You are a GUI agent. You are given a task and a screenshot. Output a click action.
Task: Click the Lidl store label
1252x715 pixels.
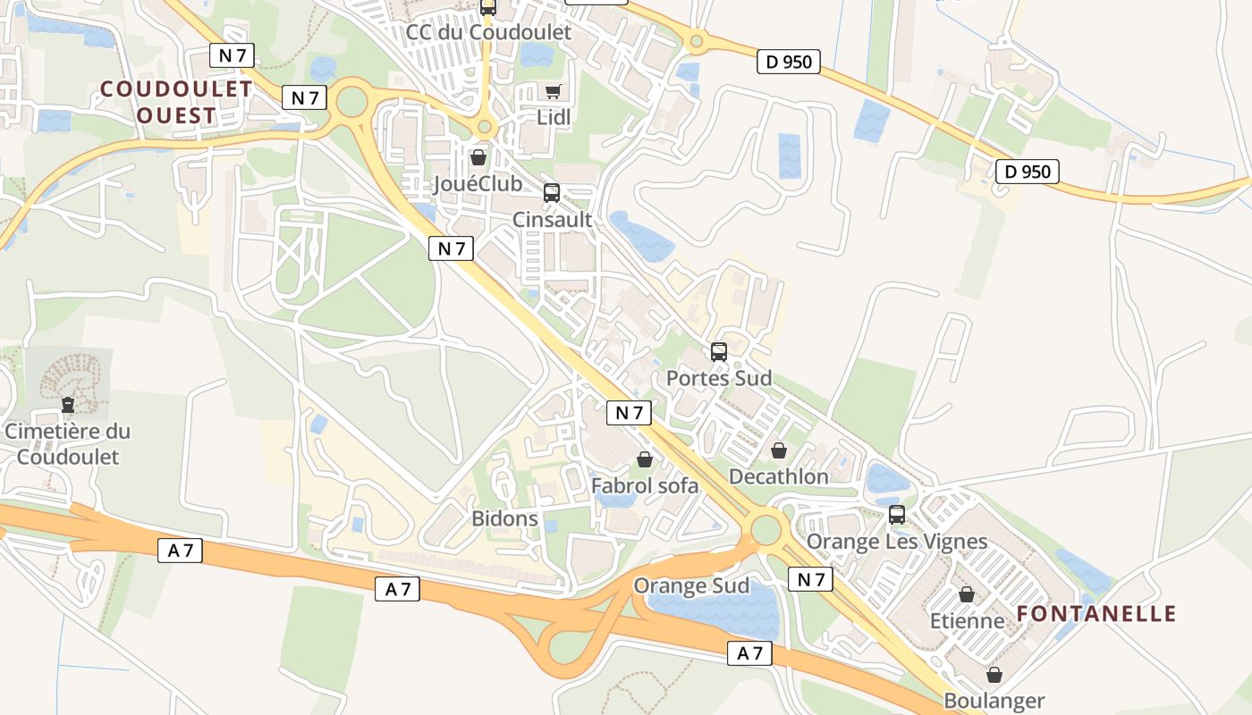[553, 117]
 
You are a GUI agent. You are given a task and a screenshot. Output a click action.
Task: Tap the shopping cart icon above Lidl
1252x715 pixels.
[553, 91]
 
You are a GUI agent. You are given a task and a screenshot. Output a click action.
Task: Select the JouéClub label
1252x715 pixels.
[478, 184]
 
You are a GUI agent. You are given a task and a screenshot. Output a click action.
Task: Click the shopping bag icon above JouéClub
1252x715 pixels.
[478, 158]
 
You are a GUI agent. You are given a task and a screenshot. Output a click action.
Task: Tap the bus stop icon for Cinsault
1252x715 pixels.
[552, 193]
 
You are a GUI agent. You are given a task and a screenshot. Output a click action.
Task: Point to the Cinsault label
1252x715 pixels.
[552, 219]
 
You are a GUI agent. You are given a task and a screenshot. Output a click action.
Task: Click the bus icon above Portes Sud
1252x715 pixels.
[719, 352]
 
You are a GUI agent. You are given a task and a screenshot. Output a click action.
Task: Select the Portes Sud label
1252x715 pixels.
[719, 378]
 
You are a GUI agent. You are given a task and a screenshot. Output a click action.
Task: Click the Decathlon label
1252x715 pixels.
[779, 476]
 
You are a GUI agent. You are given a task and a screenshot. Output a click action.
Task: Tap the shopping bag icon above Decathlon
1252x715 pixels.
[779, 450]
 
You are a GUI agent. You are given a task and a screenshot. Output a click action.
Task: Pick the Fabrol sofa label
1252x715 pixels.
[645, 485]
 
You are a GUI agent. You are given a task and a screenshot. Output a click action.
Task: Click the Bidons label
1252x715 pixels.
[505, 518]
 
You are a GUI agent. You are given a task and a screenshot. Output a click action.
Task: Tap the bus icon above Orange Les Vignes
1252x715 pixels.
[897, 515]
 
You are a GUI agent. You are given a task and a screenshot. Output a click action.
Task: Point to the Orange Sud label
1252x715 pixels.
[691, 586]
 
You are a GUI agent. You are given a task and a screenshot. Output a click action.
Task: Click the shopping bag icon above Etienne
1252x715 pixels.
[967, 594]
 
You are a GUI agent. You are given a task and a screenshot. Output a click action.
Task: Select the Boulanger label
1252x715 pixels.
[994, 702]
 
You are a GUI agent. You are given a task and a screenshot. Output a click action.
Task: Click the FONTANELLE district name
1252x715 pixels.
[1096, 614]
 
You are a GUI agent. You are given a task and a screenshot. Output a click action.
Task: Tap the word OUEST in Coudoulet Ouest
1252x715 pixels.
[177, 115]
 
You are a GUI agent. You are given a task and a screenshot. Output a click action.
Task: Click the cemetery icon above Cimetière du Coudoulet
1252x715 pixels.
[68, 405]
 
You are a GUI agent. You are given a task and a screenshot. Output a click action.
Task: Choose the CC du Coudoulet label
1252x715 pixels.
[488, 32]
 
